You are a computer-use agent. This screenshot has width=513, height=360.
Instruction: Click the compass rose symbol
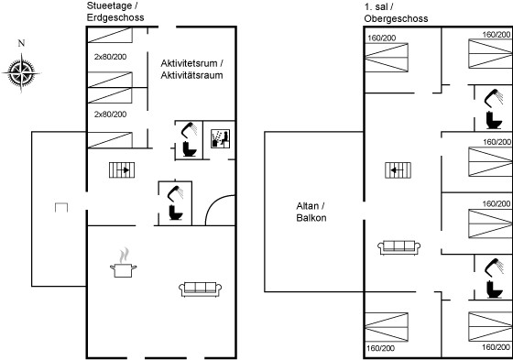(x=22, y=72)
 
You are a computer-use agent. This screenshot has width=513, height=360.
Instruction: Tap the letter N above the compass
(x=21, y=43)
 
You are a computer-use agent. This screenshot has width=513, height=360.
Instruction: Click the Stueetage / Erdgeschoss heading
(x=115, y=12)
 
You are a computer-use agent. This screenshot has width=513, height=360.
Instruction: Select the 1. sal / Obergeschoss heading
(x=396, y=13)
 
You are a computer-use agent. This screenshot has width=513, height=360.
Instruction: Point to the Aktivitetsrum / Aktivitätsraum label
(x=192, y=69)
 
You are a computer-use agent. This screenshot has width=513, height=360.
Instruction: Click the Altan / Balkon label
(x=311, y=212)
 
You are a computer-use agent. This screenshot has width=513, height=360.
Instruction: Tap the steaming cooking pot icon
(x=123, y=263)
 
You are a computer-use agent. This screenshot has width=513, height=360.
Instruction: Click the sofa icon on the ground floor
(x=201, y=289)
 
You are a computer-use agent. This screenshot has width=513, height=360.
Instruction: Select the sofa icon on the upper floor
(x=398, y=247)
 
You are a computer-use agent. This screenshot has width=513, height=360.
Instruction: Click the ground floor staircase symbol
(x=122, y=170)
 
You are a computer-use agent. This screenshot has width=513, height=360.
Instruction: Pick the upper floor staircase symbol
(x=398, y=170)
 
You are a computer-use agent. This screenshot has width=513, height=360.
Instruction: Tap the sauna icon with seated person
(x=220, y=138)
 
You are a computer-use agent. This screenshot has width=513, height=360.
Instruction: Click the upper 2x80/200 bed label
(x=110, y=57)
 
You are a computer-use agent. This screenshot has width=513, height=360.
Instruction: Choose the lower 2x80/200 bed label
(x=110, y=115)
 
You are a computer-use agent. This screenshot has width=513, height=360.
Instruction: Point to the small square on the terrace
(x=61, y=208)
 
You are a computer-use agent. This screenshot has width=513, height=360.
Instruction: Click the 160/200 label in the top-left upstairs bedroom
(x=381, y=38)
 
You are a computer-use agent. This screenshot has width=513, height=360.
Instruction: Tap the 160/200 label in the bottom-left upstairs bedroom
(x=380, y=348)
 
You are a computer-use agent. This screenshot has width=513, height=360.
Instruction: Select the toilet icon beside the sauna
(x=190, y=149)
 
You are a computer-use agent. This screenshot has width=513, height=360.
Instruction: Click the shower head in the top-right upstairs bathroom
(x=493, y=97)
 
